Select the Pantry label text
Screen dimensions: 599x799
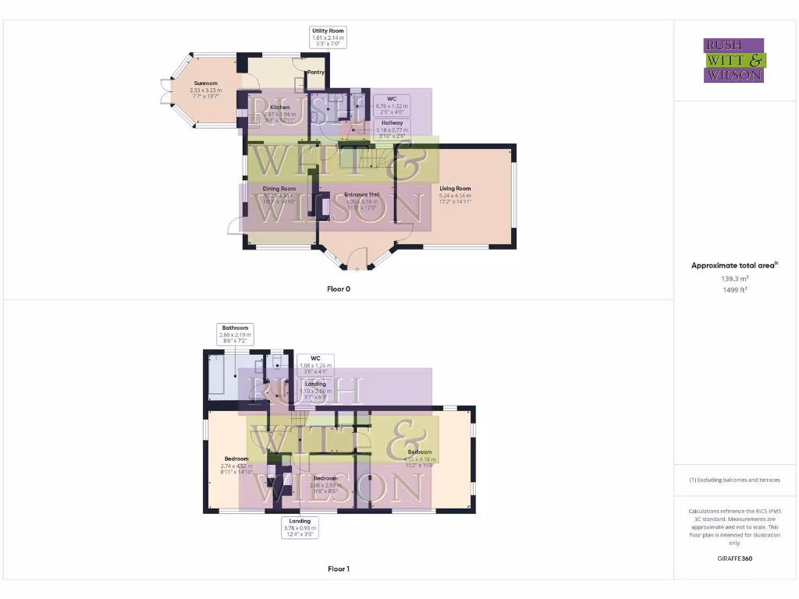315,72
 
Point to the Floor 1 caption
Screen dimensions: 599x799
338,569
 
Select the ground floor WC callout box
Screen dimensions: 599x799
392,102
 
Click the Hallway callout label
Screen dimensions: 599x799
392,127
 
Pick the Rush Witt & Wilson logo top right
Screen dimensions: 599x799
734,61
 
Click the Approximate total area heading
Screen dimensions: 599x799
734,266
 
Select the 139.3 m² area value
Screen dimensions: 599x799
734,278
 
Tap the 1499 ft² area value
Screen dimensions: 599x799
734,289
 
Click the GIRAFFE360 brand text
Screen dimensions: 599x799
734,558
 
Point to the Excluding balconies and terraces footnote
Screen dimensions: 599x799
734,480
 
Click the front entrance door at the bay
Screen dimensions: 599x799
357,258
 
